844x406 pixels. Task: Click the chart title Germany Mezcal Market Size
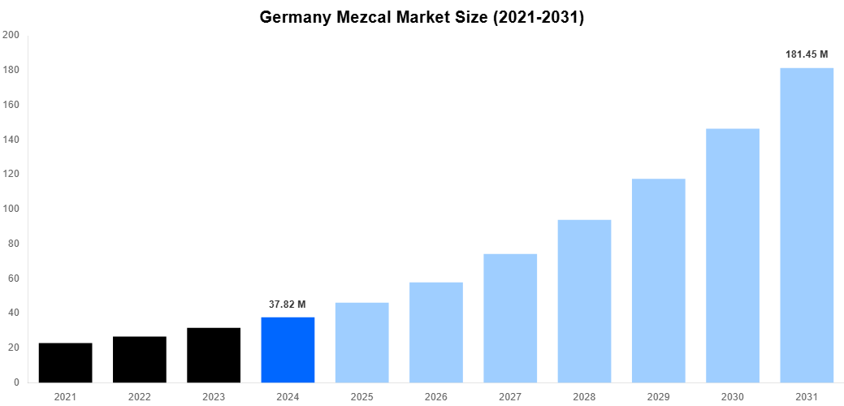pyautogui.click(x=422, y=17)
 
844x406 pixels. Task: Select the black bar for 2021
pyautogui.click(x=65, y=363)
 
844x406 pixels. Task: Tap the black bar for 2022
pyautogui.click(x=140, y=360)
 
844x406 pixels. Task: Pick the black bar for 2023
pyautogui.click(x=214, y=356)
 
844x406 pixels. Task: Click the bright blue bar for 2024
pyautogui.click(x=288, y=350)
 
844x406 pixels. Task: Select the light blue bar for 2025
pyautogui.click(x=361, y=343)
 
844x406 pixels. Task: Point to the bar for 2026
pyautogui.click(x=436, y=332)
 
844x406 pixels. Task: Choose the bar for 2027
pyautogui.click(x=510, y=318)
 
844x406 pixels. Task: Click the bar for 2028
pyautogui.click(x=584, y=301)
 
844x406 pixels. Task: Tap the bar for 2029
pyautogui.click(x=658, y=280)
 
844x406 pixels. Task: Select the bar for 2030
pyautogui.click(x=733, y=256)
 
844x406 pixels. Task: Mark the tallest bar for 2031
pyautogui.click(x=807, y=225)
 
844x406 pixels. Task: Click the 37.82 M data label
pyautogui.click(x=288, y=304)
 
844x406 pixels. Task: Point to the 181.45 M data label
pyautogui.click(x=807, y=54)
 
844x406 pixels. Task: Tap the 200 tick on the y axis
pyautogui.click(x=11, y=35)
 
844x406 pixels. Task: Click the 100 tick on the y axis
pyautogui.click(x=11, y=209)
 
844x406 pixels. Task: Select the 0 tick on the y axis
pyautogui.click(x=16, y=382)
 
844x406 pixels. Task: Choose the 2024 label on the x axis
pyautogui.click(x=288, y=397)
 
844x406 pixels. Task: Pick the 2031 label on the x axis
pyautogui.click(x=807, y=397)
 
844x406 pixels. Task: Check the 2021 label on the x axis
pyautogui.click(x=65, y=397)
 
